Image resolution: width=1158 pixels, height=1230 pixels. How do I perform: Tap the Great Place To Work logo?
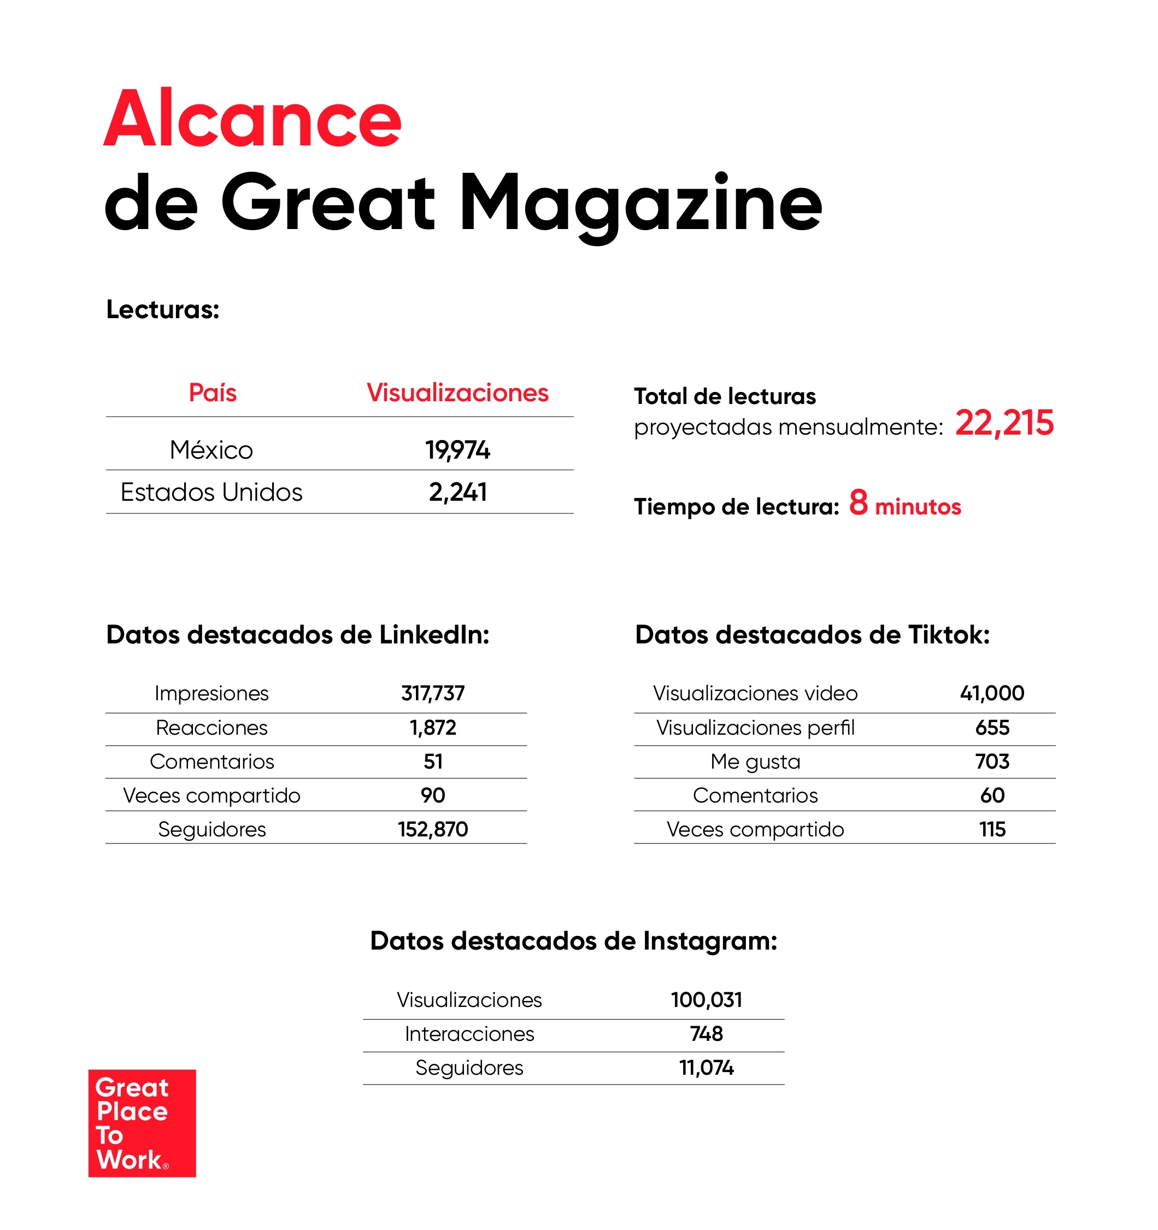(x=142, y=1123)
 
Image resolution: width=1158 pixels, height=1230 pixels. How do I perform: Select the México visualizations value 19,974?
(x=457, y=450)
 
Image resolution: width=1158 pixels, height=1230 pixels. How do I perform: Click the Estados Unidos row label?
(x=211, y=493)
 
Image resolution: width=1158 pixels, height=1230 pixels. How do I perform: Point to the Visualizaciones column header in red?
(x=457, y=393)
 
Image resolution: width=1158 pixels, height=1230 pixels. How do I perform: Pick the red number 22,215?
(x=1004, y=423)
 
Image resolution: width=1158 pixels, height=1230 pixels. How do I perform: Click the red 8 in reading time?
(x=858, y=502)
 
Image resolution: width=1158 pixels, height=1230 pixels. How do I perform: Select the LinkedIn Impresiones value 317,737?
(x=432, y=693)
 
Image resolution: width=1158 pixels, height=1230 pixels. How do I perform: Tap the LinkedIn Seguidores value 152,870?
(x=432, y=829)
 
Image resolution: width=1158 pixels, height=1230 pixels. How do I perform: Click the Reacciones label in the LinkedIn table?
(x=211, y=728)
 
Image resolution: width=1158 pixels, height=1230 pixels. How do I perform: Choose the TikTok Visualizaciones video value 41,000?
(x=992, y=693)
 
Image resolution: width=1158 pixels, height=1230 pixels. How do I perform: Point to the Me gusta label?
(x=755, y=762)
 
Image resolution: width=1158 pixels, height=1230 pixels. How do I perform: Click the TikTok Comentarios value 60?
(x=992, y=795)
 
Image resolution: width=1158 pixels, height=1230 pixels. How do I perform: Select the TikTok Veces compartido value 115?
(x=992, y=829)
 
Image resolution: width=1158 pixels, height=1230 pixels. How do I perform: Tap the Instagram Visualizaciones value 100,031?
(x=706, y=1000)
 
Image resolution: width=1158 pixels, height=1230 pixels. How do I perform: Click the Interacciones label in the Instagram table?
(x=469, y=1034)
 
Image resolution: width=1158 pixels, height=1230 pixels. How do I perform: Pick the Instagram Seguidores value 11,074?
(x=706, y=1068)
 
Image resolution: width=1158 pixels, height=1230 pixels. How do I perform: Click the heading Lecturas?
(x=163, y=309)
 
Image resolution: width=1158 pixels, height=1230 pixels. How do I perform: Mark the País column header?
(x=212, y=393)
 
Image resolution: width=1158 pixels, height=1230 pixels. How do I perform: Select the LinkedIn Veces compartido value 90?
(x=432, y=795)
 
